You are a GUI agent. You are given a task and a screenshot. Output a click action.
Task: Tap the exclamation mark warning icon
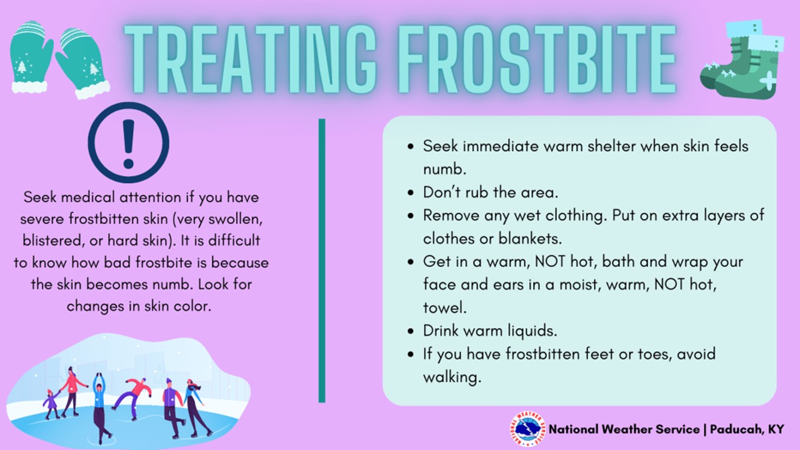(x=129, y=143)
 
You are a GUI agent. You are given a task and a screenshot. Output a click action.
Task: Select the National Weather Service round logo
(x=528, y=429)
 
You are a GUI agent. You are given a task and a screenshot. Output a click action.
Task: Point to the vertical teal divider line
(x=322, y=261)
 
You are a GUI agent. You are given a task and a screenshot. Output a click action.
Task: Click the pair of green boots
(x=742, y=60)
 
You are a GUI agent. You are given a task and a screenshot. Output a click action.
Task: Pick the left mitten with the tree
(x=29, y=57)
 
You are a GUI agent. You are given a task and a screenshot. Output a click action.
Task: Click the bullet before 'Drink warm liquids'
(x=411, y=331)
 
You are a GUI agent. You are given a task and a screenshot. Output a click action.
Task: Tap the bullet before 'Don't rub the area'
(x=411, y=193)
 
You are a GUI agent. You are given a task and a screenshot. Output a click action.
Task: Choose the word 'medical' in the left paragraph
(x=88, y=197)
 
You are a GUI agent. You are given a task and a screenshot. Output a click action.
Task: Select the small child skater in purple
(x=51, y=404)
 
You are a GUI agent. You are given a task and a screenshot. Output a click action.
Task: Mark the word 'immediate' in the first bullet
(x=501, y=146)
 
